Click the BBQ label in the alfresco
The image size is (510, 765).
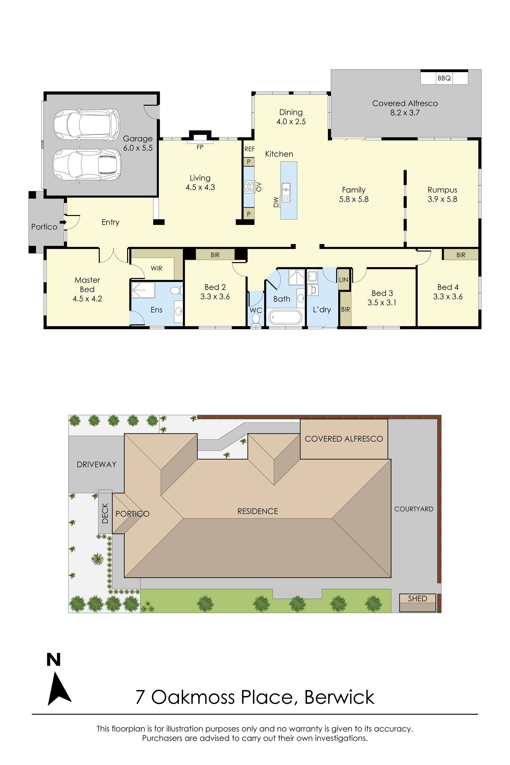click(444, 78)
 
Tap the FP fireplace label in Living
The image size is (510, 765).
click(200, 147)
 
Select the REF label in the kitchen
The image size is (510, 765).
click(249, 149)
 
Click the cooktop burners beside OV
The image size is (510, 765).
click(249, 187)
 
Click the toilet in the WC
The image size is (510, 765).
click(256, 318)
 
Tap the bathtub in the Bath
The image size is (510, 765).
click(286, 317)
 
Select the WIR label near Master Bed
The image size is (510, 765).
click(157, 268)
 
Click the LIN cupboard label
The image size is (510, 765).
click(343, 280)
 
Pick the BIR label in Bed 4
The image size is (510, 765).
click(461, 255)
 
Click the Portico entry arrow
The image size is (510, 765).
click(63, 222)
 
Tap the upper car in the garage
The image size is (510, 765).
click(86, 125)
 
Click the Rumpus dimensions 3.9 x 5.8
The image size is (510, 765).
click(442, 199)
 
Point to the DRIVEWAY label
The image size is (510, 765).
click(96, 464)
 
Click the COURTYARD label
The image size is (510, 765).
click(414, 509)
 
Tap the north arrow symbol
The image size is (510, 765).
click(59, 690)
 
